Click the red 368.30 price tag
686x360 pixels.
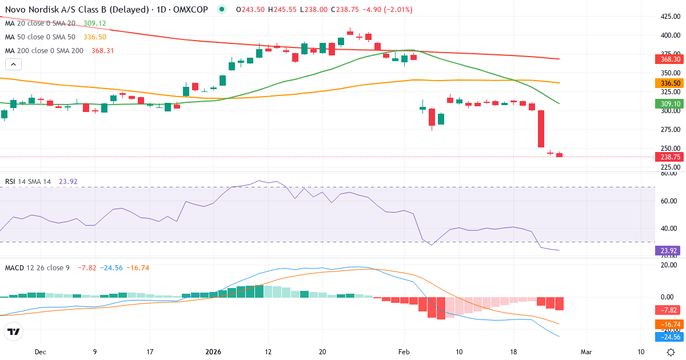click(668, 59)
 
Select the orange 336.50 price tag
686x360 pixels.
click(668, 83)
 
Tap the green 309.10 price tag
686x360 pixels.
click(668, 103)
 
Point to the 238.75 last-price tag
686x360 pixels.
click(668, 157)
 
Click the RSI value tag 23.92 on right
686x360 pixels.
click(668, 250)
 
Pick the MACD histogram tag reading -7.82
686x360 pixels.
click(668, 310)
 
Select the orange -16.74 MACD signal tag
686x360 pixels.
click(668, 324)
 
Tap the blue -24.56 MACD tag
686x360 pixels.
click(668, 337)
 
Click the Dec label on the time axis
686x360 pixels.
click(39, 352)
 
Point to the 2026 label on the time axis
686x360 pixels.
click(213, 352)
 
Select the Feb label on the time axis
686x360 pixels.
click(404, 352)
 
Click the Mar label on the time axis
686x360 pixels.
click(585, 352)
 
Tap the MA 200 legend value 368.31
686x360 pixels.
click(103, 50)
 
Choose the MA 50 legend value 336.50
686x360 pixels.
click(95, 37)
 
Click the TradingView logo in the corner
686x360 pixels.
click(14, 331)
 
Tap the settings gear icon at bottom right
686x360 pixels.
click(672, 352)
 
